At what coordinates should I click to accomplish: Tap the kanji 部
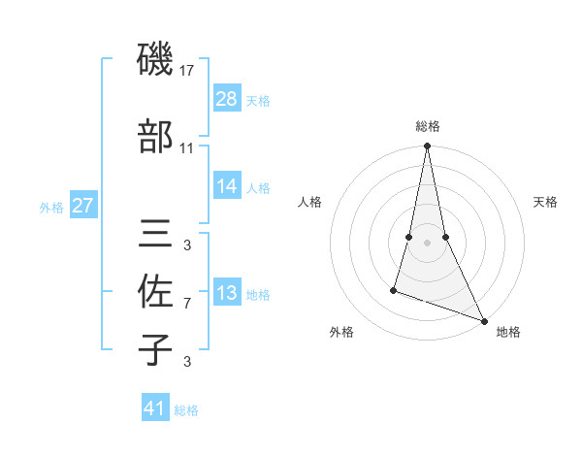[156, 137]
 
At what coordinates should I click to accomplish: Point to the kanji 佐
[156, 292]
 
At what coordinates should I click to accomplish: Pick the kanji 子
[156, 349]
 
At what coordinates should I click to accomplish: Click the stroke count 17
[187, 71]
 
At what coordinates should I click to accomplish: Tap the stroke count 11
[187, 148]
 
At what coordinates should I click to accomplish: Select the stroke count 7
[187, 304]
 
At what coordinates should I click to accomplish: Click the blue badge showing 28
[226, 99]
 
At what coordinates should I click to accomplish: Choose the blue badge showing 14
[226, 186]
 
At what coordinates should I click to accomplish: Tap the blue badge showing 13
[226, 293]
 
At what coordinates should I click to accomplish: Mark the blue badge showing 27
[83, 206]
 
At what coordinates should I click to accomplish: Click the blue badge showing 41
[155, 408]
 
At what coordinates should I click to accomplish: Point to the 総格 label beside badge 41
[186, 410]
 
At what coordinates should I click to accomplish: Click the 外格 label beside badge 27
[51, 207]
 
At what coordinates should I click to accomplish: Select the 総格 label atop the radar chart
[428, 126]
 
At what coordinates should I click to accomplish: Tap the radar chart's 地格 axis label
[508, 332]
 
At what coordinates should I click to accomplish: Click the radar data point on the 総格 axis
[427, 147]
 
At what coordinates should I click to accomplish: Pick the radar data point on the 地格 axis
[483, 320]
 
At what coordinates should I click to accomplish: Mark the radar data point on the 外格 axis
[394, 289]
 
